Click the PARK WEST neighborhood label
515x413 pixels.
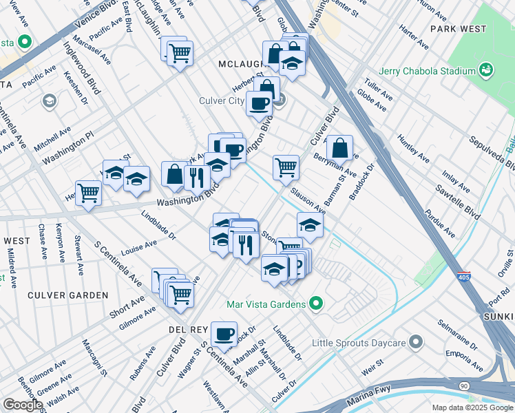coord(458,29)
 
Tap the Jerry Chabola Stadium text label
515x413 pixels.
coord(427,71)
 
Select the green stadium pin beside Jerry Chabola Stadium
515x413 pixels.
coord(486,70)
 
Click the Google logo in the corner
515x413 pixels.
coord(23,405)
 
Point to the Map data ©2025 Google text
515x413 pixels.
coord(472,407)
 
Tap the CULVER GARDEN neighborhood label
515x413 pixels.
coord(68,295)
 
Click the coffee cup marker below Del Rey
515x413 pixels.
coord(224,334)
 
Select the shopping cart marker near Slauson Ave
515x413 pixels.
coord(286,167)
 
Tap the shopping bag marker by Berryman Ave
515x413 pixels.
coord(339,148)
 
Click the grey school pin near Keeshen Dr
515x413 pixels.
coord(49,102)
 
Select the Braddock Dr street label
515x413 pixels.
coord(361,182)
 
